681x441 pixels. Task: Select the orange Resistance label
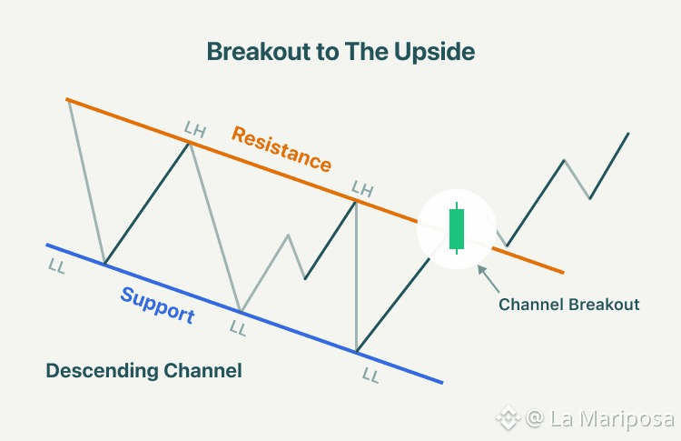coord(281,149)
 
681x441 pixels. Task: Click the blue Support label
coord(158,306)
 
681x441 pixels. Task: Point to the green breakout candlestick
coord(457,228)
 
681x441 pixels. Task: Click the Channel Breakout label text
coord(569,305)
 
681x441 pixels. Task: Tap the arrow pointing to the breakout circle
coord(489,279)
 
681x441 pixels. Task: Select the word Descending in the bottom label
coord(102,371)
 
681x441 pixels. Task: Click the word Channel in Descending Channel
coord(202,371)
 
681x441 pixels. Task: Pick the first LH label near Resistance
coord(195,129)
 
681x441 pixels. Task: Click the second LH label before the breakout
coord(362,189)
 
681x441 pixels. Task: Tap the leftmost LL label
coord(57,266)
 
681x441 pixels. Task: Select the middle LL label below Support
coord(238,328)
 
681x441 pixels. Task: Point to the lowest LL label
coord(370,375)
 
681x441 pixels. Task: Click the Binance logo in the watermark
coord(508,417)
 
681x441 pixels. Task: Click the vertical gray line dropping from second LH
coord(356,276)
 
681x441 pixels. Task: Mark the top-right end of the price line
coord(628,134)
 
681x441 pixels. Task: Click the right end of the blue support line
coord(442,383)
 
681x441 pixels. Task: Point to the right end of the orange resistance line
coord(563,273)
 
